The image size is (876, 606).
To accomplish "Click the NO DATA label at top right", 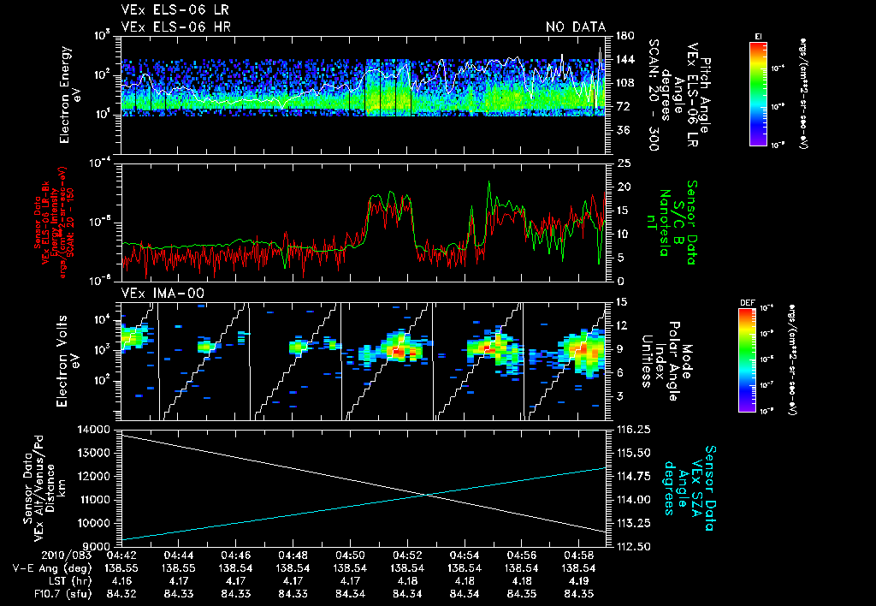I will pyautogui.click(x=575, y=27).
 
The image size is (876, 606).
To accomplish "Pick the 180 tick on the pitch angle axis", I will pyautogui.click(x=624, y=36).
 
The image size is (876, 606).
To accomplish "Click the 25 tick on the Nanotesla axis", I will pyautogui.click(x=622, y=163).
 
